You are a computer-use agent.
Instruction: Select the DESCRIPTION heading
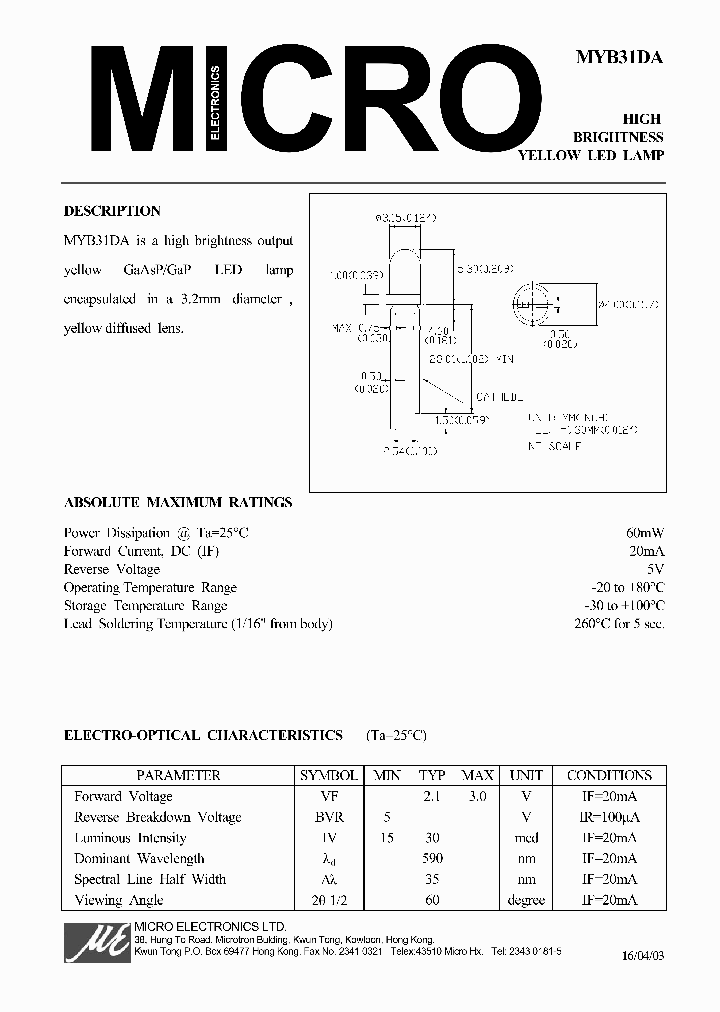[112, 211]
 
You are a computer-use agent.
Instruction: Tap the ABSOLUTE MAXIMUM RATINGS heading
[178, 503]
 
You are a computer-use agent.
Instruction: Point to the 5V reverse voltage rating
[655, 569]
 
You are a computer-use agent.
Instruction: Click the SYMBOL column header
[328, 775]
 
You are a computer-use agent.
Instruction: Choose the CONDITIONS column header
[608, 775]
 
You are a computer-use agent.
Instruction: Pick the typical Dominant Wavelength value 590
[432, 858]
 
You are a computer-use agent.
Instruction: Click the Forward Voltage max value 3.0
[477, 796]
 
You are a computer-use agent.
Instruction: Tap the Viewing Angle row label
[114, 900]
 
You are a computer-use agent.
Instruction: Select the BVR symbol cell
[328, 817]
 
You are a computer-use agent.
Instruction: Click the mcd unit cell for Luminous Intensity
[525, 838]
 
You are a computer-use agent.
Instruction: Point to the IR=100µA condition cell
[608, 817]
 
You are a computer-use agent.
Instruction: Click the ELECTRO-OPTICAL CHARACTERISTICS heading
[203, 735]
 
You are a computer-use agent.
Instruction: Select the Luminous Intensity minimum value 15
[386, 838]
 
